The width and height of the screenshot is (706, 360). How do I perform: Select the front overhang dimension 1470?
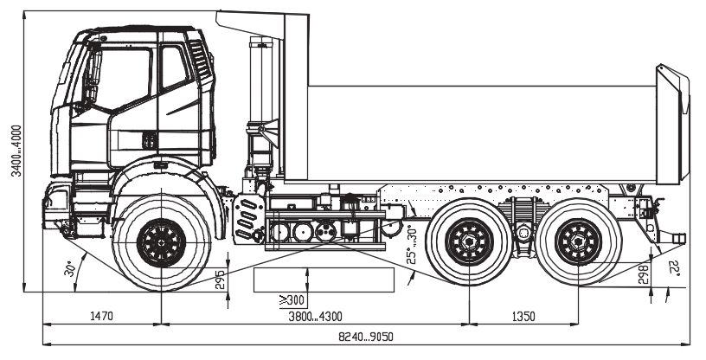pos(101,316)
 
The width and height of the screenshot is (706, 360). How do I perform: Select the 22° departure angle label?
pos(674,269)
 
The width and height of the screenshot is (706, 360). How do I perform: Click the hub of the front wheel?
pos(161,242)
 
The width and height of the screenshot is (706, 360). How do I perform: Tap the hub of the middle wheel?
pos(469,242)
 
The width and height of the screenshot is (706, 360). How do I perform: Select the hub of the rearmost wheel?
pos(578,242)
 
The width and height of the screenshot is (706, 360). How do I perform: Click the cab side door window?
pos(173,69)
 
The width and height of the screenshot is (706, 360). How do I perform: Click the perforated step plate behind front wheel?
pos(250,218)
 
